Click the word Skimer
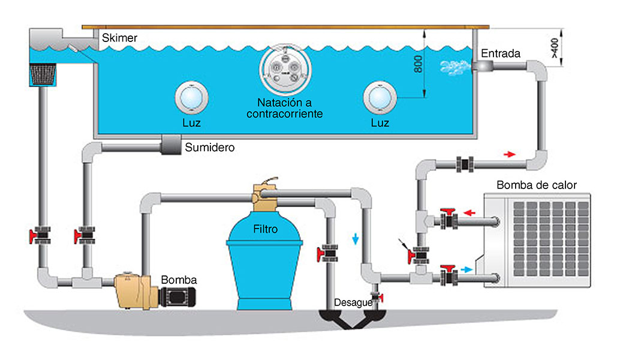[x=119, y=38]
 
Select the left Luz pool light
[x=191, y=97]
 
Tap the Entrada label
[x=501, y=53]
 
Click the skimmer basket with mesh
[x=43, y=75]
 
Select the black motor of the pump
[x=175, y=295]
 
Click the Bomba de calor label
[x=536, y=185]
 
